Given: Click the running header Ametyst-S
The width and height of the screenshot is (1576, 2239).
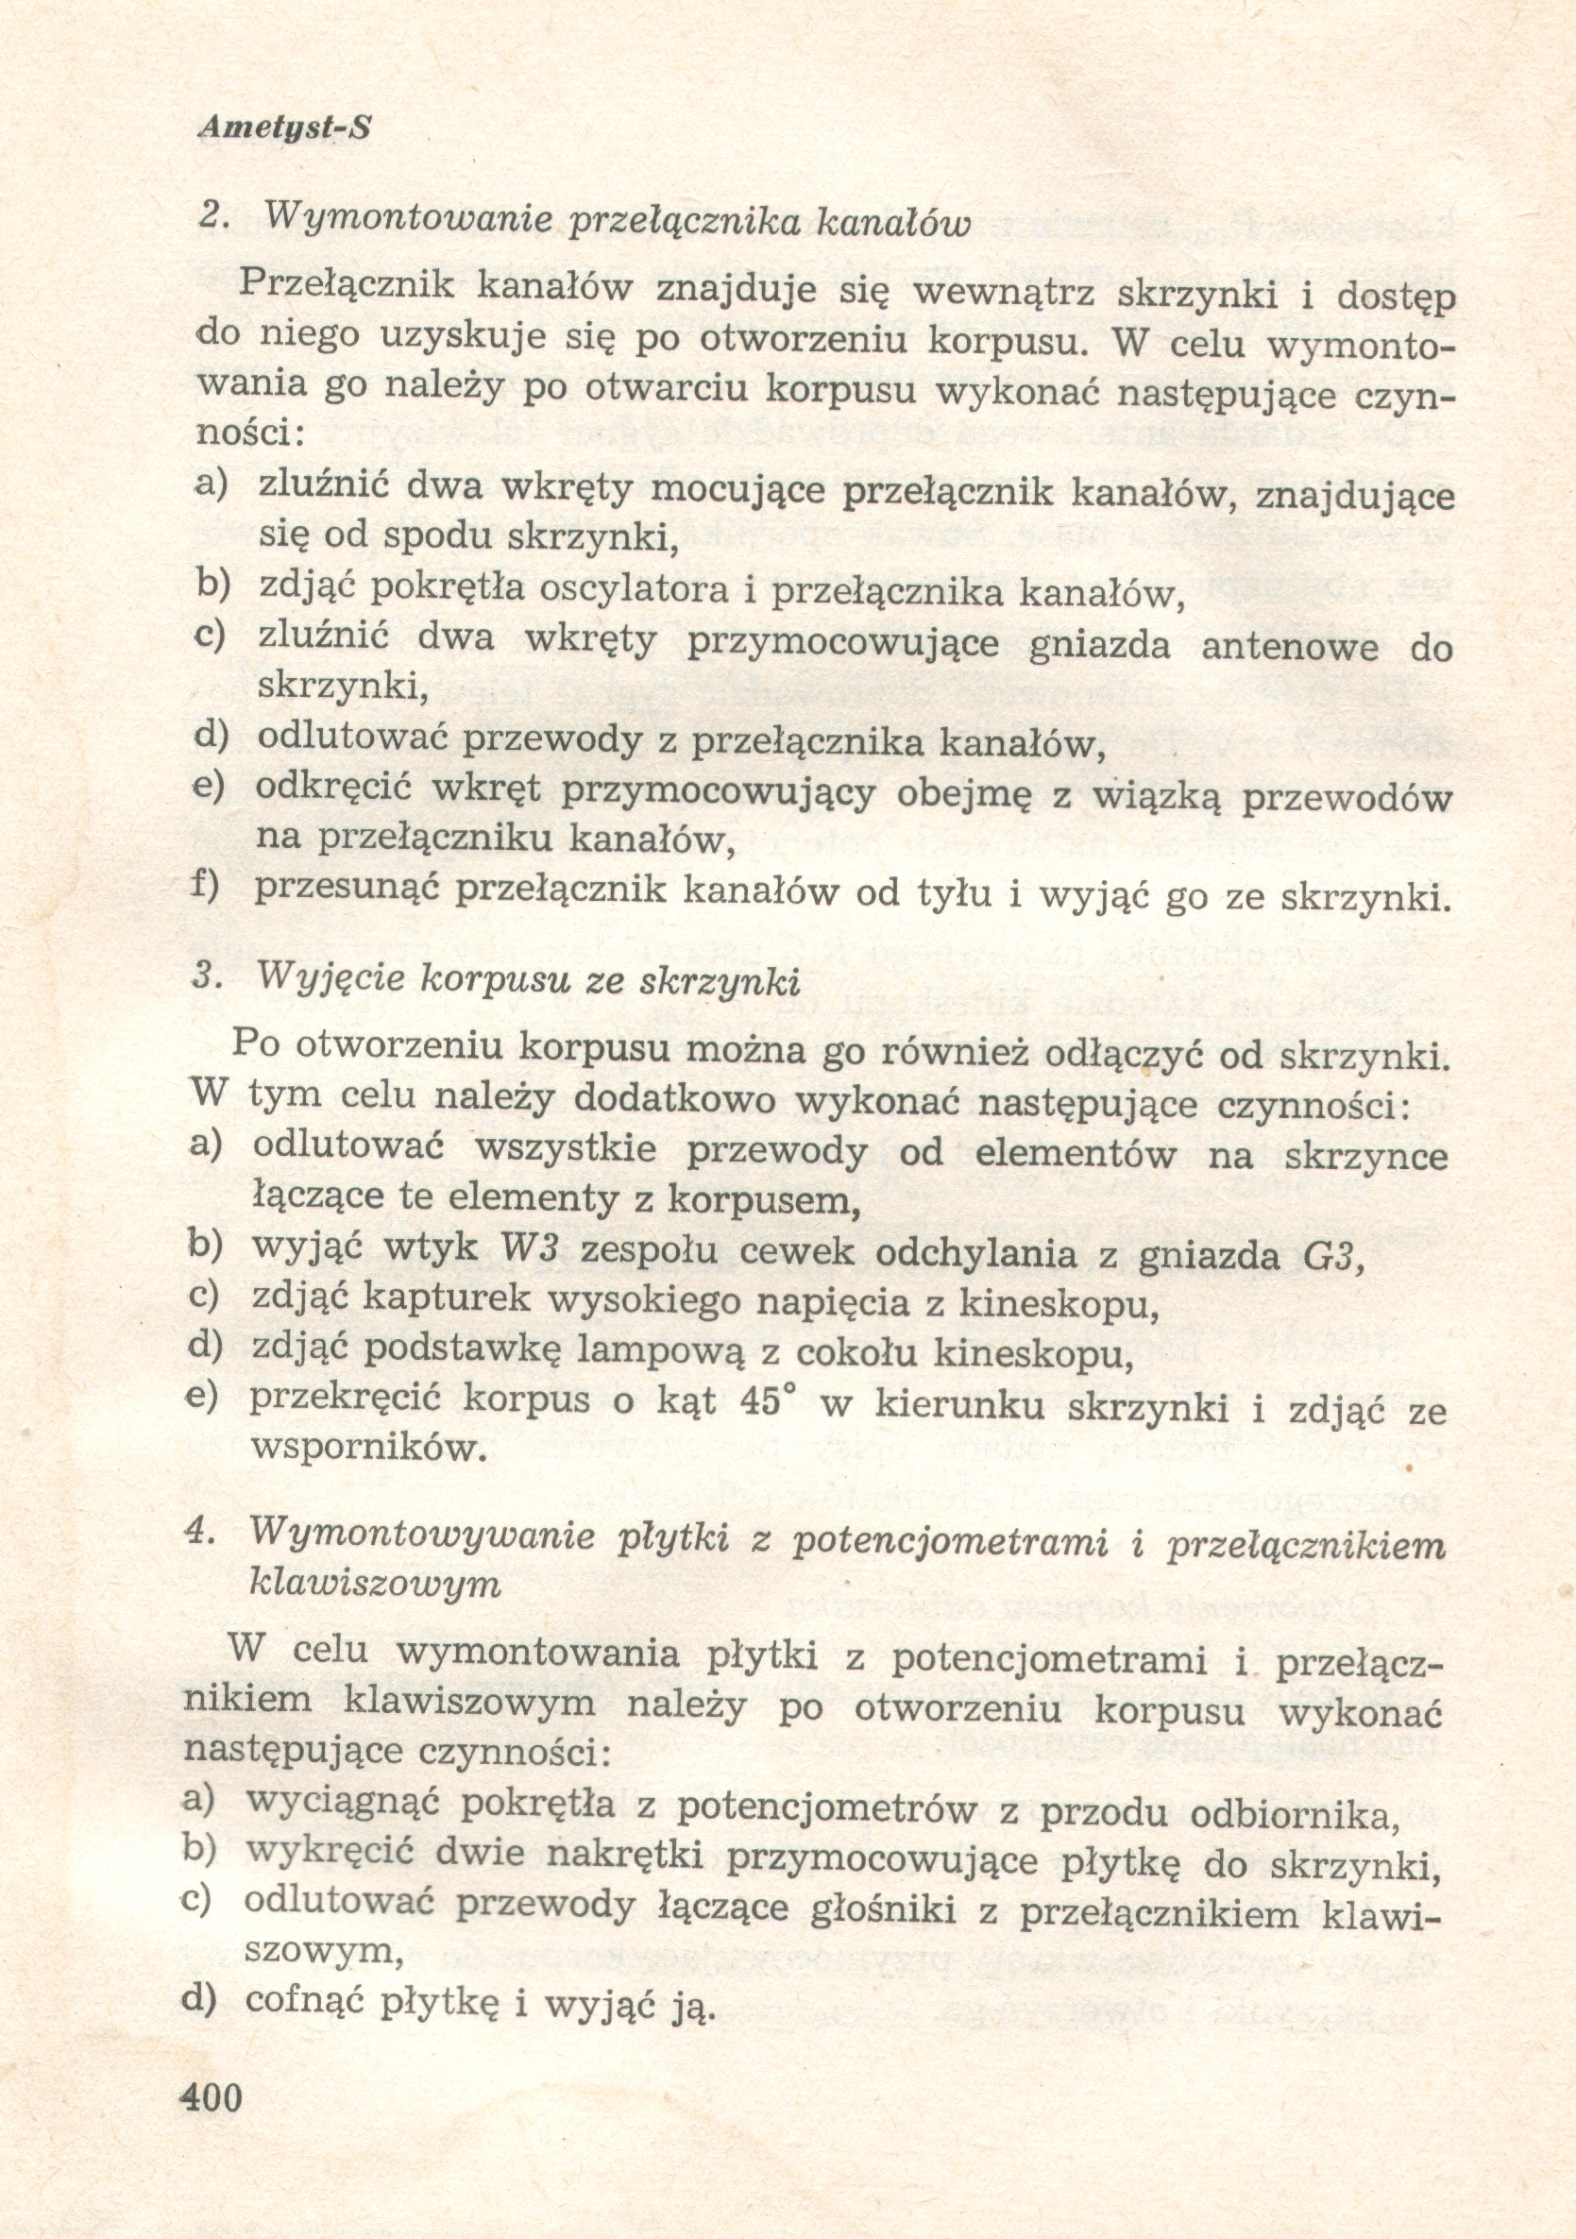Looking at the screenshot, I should pos(284,127).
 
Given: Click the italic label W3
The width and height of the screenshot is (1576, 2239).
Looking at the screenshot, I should pos(528,1247).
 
